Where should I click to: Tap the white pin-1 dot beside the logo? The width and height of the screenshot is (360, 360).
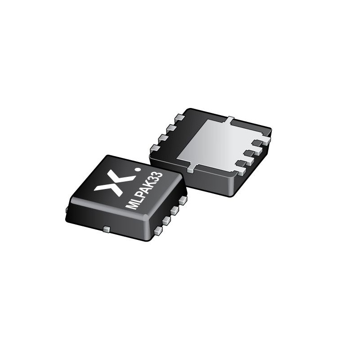pyautogui.click(x=138, y=170)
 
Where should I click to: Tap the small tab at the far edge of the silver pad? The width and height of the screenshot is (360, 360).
pyautogui.click(x=230, y=120)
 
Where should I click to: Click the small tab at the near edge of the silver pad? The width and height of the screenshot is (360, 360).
pyautogui.click(x=191, y=169)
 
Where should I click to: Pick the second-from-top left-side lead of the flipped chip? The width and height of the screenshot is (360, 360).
pyautogui.click(x=171, y=128)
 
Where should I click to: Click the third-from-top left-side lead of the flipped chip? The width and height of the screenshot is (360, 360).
pyautogui.click(x=162, y=138)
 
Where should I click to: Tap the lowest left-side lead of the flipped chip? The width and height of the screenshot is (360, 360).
pyautogui.click(x=154, y=148)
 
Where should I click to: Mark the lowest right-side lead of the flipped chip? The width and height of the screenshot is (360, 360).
pyautogui.click(x=241, y=171)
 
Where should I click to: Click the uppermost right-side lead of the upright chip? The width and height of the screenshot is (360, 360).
pyautogui.click(x=182, y=200)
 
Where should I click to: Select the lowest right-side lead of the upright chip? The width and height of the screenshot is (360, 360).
pyautogui.click(x=158, y=231)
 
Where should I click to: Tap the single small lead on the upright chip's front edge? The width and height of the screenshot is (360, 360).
pyautogui.click(x=106, y=229)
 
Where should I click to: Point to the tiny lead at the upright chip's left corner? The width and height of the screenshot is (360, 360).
pyautogui.click(x=67, y=209)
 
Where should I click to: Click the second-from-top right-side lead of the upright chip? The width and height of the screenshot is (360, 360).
pyautogui.click(x=175, y=210)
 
